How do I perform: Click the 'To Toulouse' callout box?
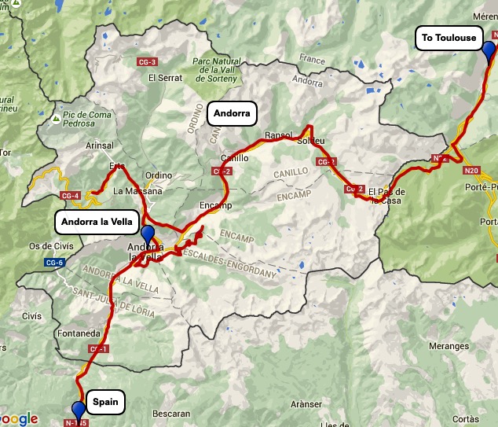coord(449,38)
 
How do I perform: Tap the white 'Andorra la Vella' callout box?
coord(99,221)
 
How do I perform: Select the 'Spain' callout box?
coord(105,402)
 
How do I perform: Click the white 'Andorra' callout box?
coord(232,114)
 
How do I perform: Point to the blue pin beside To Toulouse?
coord(489,51)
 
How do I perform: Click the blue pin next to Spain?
coord(78,410)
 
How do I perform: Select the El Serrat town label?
coord(165,78)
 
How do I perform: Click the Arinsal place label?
coord(99,145)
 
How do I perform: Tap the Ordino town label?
coord(158,175)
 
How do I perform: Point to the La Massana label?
coord(137,191)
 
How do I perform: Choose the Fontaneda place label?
coord(80,333)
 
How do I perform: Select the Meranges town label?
coord(449,346)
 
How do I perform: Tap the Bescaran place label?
coord(172,414)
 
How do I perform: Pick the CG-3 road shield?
coord(147,62)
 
